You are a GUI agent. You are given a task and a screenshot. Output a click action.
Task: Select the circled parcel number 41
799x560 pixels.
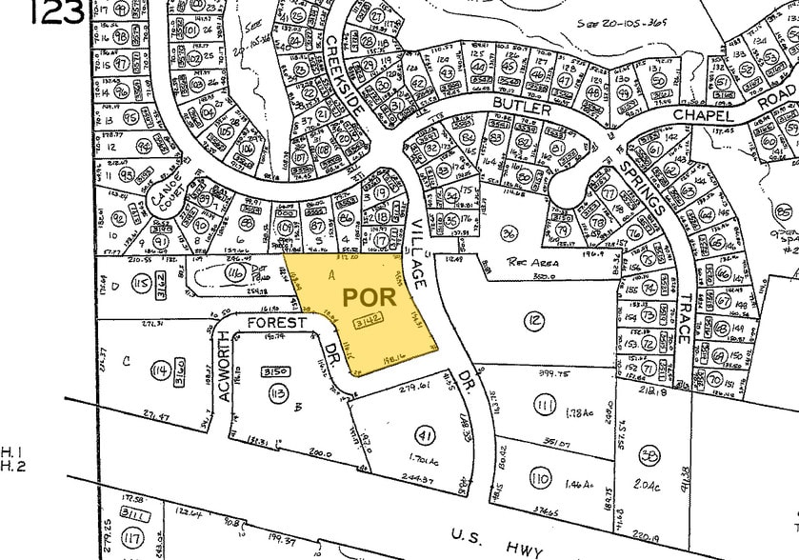(x=425, y=435)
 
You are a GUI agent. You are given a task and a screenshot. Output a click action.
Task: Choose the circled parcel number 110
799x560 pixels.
(x=539, y=478)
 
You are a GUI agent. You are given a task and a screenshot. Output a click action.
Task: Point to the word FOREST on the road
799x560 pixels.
(x=277, y=323)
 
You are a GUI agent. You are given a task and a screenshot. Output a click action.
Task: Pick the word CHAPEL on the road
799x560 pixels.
(x=704, y=115)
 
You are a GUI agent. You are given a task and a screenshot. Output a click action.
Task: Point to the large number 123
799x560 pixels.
(x=56, y=12)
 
